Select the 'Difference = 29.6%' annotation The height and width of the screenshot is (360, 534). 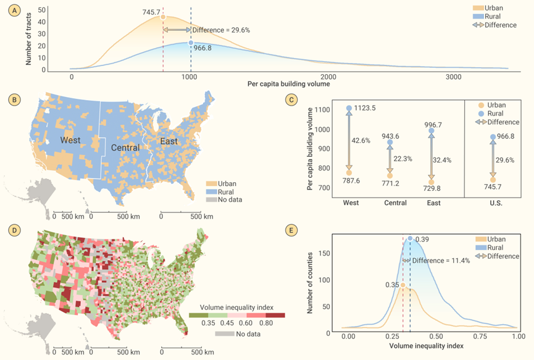tap(220, 30)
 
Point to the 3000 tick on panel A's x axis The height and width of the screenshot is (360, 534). tap(453, 77)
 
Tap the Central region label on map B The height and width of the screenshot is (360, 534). tap(125, 148)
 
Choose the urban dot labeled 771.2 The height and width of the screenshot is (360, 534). tap(390, 175)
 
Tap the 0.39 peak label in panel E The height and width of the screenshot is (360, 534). tap(422, 240)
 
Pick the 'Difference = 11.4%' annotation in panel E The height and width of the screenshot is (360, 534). tap(440, 261)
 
